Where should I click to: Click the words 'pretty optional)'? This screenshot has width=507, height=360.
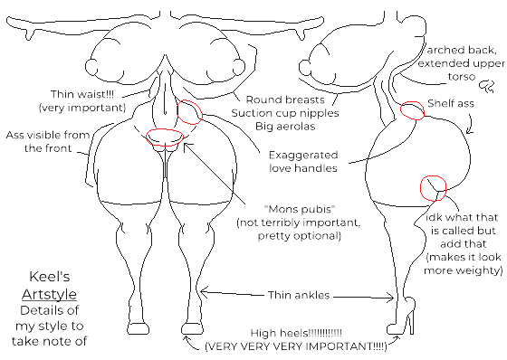click(x=288, y=235)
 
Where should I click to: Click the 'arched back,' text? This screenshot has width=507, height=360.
click(x=465, y=49)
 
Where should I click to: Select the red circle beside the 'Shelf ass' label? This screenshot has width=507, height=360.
click(x=411, y=110)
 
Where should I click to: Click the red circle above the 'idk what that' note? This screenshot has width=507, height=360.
click(x=433, y=187)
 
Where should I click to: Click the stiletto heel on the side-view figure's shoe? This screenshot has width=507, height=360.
click(x=409, y=323)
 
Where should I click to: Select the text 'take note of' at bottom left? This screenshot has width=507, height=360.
click(x=50, y=341)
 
